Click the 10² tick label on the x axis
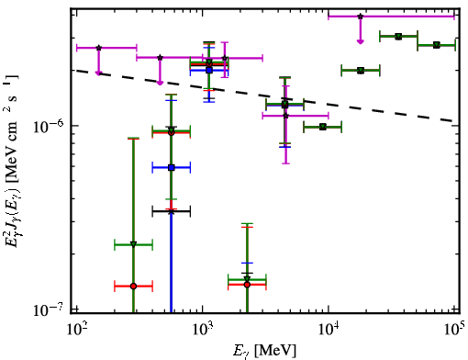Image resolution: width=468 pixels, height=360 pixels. click(x=75, y=331)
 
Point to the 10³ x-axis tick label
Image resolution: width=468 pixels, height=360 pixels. click(x=203, y=331)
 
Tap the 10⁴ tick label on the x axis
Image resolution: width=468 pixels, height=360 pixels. click(x=329, y=331)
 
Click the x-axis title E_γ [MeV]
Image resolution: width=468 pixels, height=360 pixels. click(x=264, y=351)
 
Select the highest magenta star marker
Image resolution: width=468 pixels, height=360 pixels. click(x=361, y=17)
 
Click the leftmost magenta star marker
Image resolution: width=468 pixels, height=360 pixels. click(x=98, y=48)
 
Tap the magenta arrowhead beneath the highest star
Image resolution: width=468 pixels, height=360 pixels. click(x=361, y=41)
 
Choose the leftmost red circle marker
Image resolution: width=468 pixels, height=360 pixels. click(x=133, y=287)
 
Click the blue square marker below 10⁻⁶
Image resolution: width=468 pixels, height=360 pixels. click(x=172, y=168)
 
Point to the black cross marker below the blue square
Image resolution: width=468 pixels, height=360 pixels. click(x=172, y=211)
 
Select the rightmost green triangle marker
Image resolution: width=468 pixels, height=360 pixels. click(x=437, y=45)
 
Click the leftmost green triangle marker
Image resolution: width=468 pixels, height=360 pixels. click(x=133, y=244)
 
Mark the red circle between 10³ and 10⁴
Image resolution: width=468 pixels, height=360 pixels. click(x=247, y=285)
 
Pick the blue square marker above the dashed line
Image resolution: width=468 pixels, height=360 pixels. click(x=209, y=70)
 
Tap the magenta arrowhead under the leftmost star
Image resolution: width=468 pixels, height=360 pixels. click(x=98, y=73)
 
